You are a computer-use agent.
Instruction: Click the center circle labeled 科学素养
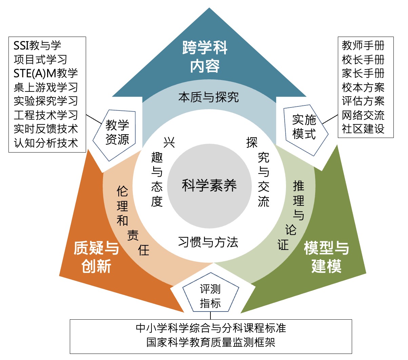tap(209, 185)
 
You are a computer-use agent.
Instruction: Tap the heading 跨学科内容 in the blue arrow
tap(205, 57)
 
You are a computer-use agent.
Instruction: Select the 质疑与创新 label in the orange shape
tap(96, 257)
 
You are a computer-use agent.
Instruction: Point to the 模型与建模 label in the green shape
tap(326, 257)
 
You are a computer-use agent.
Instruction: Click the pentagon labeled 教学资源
tap(117, 133)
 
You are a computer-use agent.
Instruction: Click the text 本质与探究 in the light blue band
tap(208, 98)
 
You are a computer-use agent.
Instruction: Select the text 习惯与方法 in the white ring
tap(208, 242)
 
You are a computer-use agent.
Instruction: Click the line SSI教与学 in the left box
tap(37, 45)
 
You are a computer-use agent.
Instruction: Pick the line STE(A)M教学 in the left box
tap(46, 73)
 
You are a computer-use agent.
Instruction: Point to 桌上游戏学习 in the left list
tap(46, 87)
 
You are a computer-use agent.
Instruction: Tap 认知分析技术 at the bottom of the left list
tap(46, 143)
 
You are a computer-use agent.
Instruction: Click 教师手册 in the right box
tap(363, 45)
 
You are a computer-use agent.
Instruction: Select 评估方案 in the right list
tap(363, 101)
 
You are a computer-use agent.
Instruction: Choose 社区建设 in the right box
tap(363, 129)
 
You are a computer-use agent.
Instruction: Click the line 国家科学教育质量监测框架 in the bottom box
tap(210, 342)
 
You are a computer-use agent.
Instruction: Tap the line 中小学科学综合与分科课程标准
tap(210, 328)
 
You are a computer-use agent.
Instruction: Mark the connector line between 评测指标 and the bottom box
tap(210, 316)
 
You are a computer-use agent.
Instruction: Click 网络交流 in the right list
tap(363, 115)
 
